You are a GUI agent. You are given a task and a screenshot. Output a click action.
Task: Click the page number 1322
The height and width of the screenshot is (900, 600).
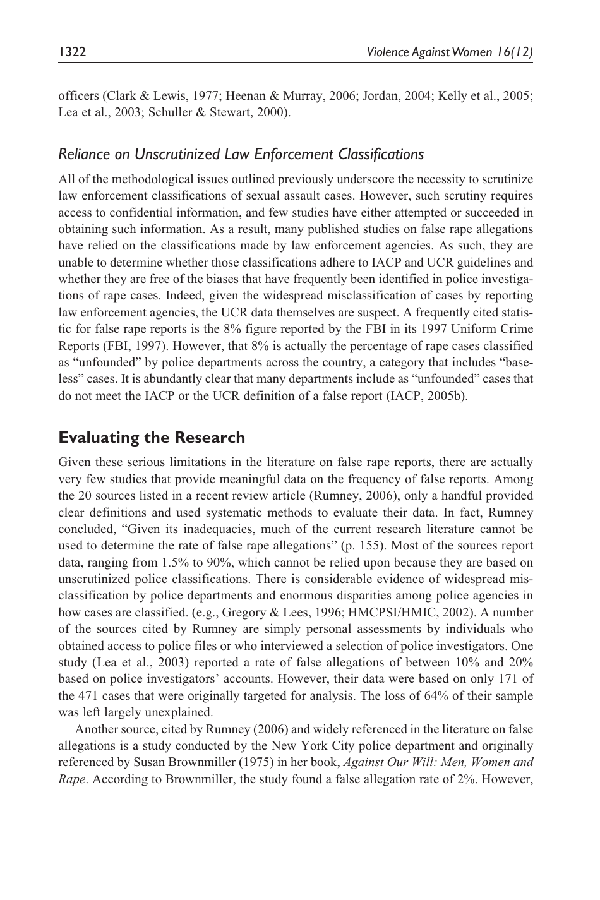click(72, 52)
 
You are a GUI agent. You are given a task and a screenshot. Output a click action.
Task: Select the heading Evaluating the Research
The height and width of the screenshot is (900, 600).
click(152, 437)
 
